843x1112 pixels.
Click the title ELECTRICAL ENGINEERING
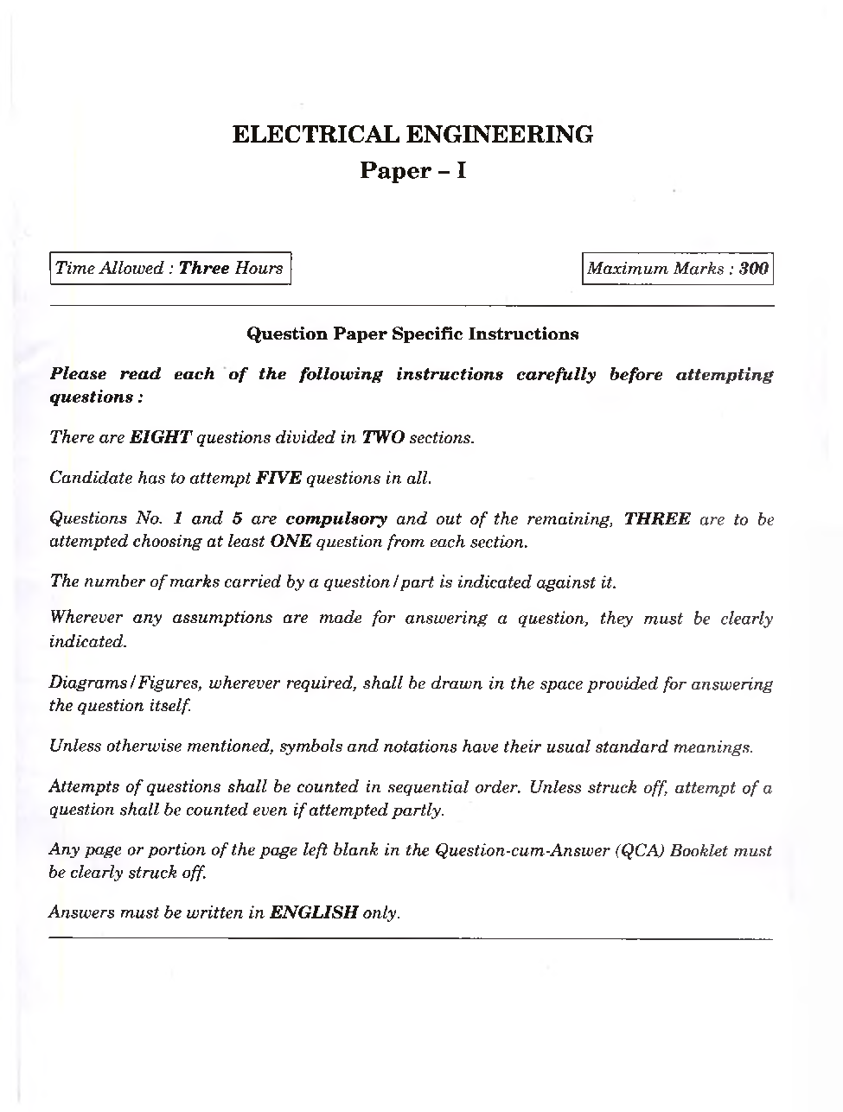(x=412, y=135)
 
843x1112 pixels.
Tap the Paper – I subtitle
(x=412, y=171)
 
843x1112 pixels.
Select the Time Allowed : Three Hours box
(x=169, y=268)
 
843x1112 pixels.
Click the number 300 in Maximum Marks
(x=754, y=269)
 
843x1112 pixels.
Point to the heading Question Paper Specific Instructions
(x=412, y=334)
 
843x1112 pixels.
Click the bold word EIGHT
(x=161, y=437)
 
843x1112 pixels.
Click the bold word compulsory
(x=336, y=519)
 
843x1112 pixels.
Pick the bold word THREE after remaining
(x=657, y=519)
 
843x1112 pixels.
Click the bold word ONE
(x=291, y=543)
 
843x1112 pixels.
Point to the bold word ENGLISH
(x=314, y=912)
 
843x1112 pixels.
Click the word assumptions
(x=222, y=619)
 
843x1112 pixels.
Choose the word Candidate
(x=91, y=478)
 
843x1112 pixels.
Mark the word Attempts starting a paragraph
(x=85, y=787)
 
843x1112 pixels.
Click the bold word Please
(x=79, y=374)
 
